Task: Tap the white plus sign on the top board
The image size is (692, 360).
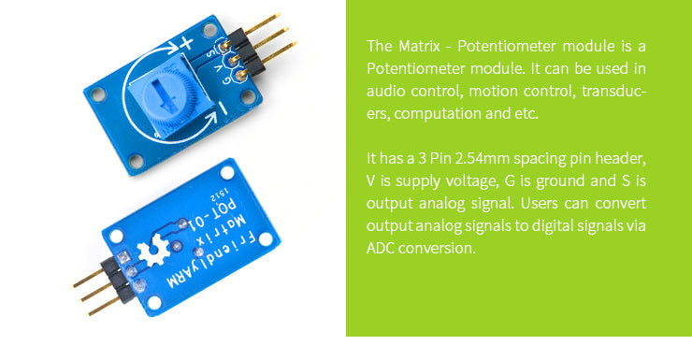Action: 186,43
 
